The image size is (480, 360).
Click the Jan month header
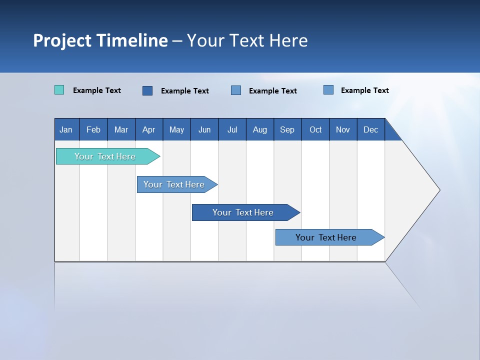(66, 129)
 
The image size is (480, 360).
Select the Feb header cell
(93, 129)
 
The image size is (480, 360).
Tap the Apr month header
(148, 129)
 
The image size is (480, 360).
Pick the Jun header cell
(204, 129)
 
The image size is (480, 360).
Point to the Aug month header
(259, 129)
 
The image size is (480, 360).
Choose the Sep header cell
(287, 129)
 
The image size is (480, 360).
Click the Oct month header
(315, 129)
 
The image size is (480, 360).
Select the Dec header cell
(370, 129)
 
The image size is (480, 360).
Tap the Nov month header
(343, 129)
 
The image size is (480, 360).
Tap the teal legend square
(59, 90)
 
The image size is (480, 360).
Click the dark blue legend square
(147, 90)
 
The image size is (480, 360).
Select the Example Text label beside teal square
(97, 90)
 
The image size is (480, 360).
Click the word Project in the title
(62, 40)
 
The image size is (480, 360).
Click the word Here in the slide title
(288, 40)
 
